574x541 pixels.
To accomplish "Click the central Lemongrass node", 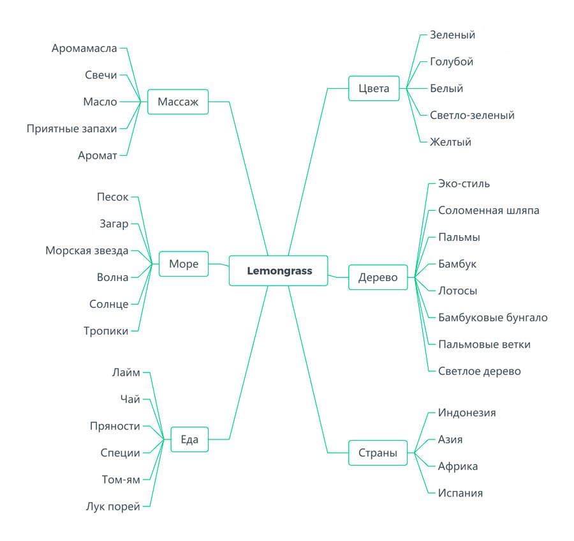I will click(279, 271).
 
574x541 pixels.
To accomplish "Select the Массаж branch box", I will click(178, 102).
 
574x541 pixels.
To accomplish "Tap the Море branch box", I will click(184, 264).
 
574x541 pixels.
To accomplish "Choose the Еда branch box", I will click(189, 439).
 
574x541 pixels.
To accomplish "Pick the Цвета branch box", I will click(374, 88).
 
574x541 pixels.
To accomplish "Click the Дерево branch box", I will click(378, 277).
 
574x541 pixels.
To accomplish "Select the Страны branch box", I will click(378, 453).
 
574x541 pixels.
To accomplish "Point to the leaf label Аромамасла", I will click(84, 48).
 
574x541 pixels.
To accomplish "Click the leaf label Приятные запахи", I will click(72, 128).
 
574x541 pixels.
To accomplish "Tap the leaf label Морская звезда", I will click(87, 250).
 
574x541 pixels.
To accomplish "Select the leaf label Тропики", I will click(106, 331).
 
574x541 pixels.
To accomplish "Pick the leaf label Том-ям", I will click(121, 480).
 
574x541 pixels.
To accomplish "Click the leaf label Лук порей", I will click(113, 507).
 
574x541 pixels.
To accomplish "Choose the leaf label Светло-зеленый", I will click(472, 116).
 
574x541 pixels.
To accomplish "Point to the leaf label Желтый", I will click(450, 142).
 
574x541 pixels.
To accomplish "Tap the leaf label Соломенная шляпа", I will click(489, 210).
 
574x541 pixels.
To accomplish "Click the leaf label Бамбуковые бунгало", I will click(492, 317).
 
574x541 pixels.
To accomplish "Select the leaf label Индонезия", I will click(467, 413).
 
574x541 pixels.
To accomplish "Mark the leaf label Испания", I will click(460, 493).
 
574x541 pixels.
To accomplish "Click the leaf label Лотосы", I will click(457, 291).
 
